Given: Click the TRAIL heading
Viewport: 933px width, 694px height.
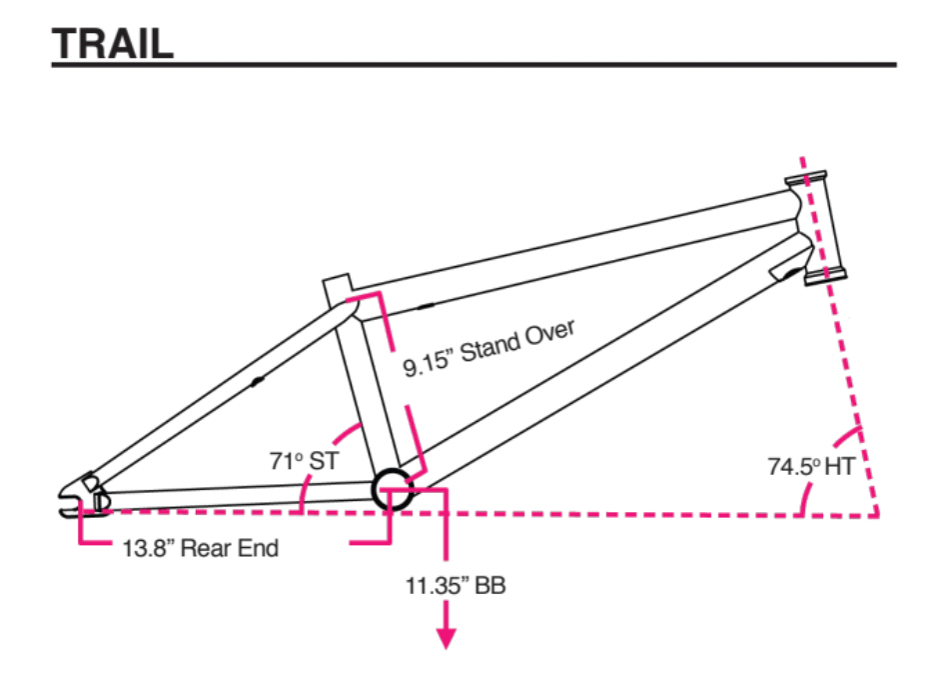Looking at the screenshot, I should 113,42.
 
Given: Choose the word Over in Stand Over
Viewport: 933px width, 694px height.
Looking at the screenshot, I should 548,334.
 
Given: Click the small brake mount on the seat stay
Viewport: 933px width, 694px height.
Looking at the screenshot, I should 258,381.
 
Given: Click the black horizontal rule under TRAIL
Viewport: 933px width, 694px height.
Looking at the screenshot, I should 473,67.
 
